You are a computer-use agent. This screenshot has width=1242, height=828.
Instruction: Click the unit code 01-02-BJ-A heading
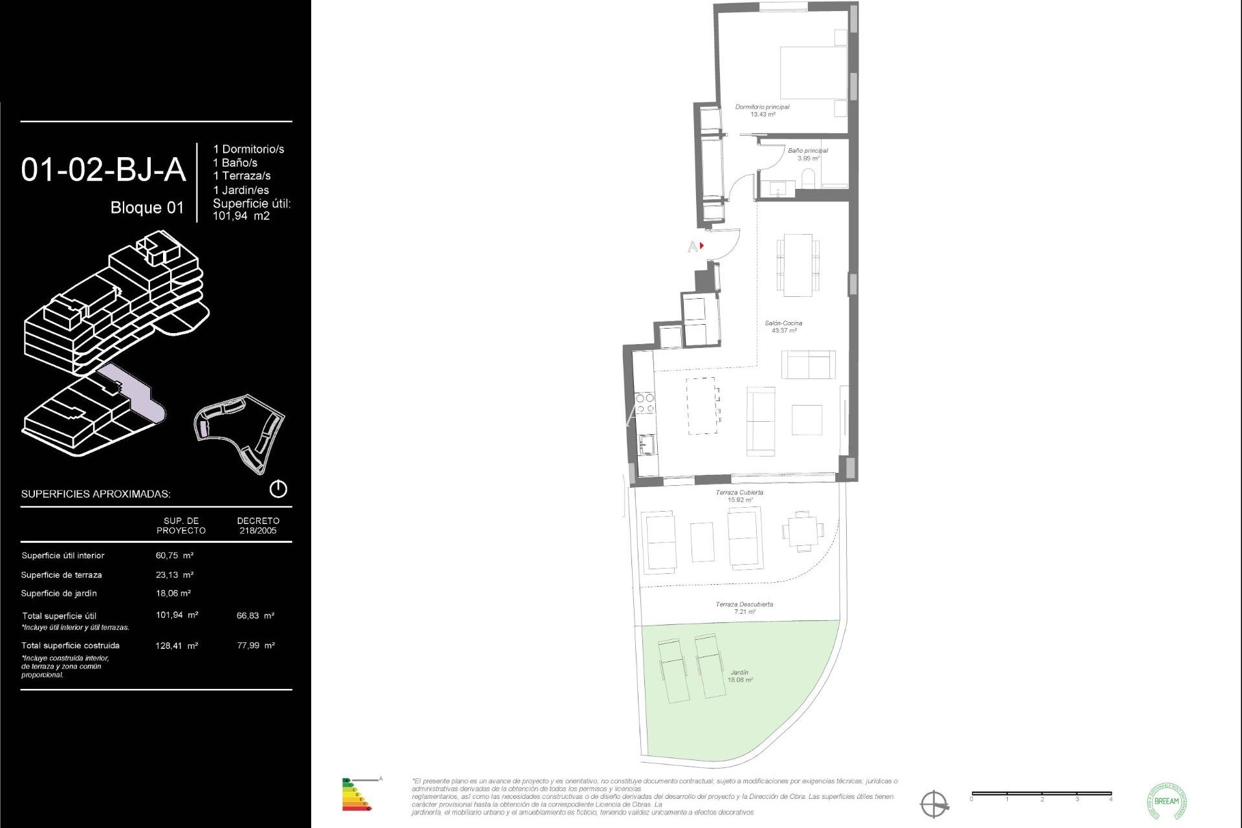click(x=103, y=170)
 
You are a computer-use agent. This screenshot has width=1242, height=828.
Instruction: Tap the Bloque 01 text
click(x=147, y=208)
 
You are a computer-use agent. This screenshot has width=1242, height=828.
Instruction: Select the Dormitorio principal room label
click(x=762, y=111)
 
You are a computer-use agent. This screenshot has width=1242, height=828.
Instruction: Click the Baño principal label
click(x=807, y=154)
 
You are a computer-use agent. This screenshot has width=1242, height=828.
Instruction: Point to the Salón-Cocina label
click(x=783, y=327)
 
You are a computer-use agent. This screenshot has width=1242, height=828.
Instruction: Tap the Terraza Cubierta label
click(x=739, y=496)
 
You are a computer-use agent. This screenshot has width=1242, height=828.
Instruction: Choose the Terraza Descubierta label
click(x=744, y=607)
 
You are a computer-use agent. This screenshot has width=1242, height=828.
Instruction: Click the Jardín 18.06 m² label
click(x=739, y=676)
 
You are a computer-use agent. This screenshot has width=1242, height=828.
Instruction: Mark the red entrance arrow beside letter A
click(x=702, y=246)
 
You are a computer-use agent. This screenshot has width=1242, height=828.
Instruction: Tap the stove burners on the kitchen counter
click(x=644, y=404)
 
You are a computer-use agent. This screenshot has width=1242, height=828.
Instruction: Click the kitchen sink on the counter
click(x=646, y=444)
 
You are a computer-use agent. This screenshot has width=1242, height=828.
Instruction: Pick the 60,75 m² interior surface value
click(x=175, y=556)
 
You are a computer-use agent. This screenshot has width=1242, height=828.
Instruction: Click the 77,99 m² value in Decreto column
click(x=256, y=646)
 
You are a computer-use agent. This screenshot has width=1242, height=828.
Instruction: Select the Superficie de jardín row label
click(x=59, y=594)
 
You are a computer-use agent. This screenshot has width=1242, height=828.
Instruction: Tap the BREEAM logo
click(x=1166, y=801)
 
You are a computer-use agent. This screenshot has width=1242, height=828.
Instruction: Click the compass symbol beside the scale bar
click(x=934, y=805)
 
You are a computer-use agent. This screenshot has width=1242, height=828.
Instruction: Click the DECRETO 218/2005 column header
click(x=258, y=525)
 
